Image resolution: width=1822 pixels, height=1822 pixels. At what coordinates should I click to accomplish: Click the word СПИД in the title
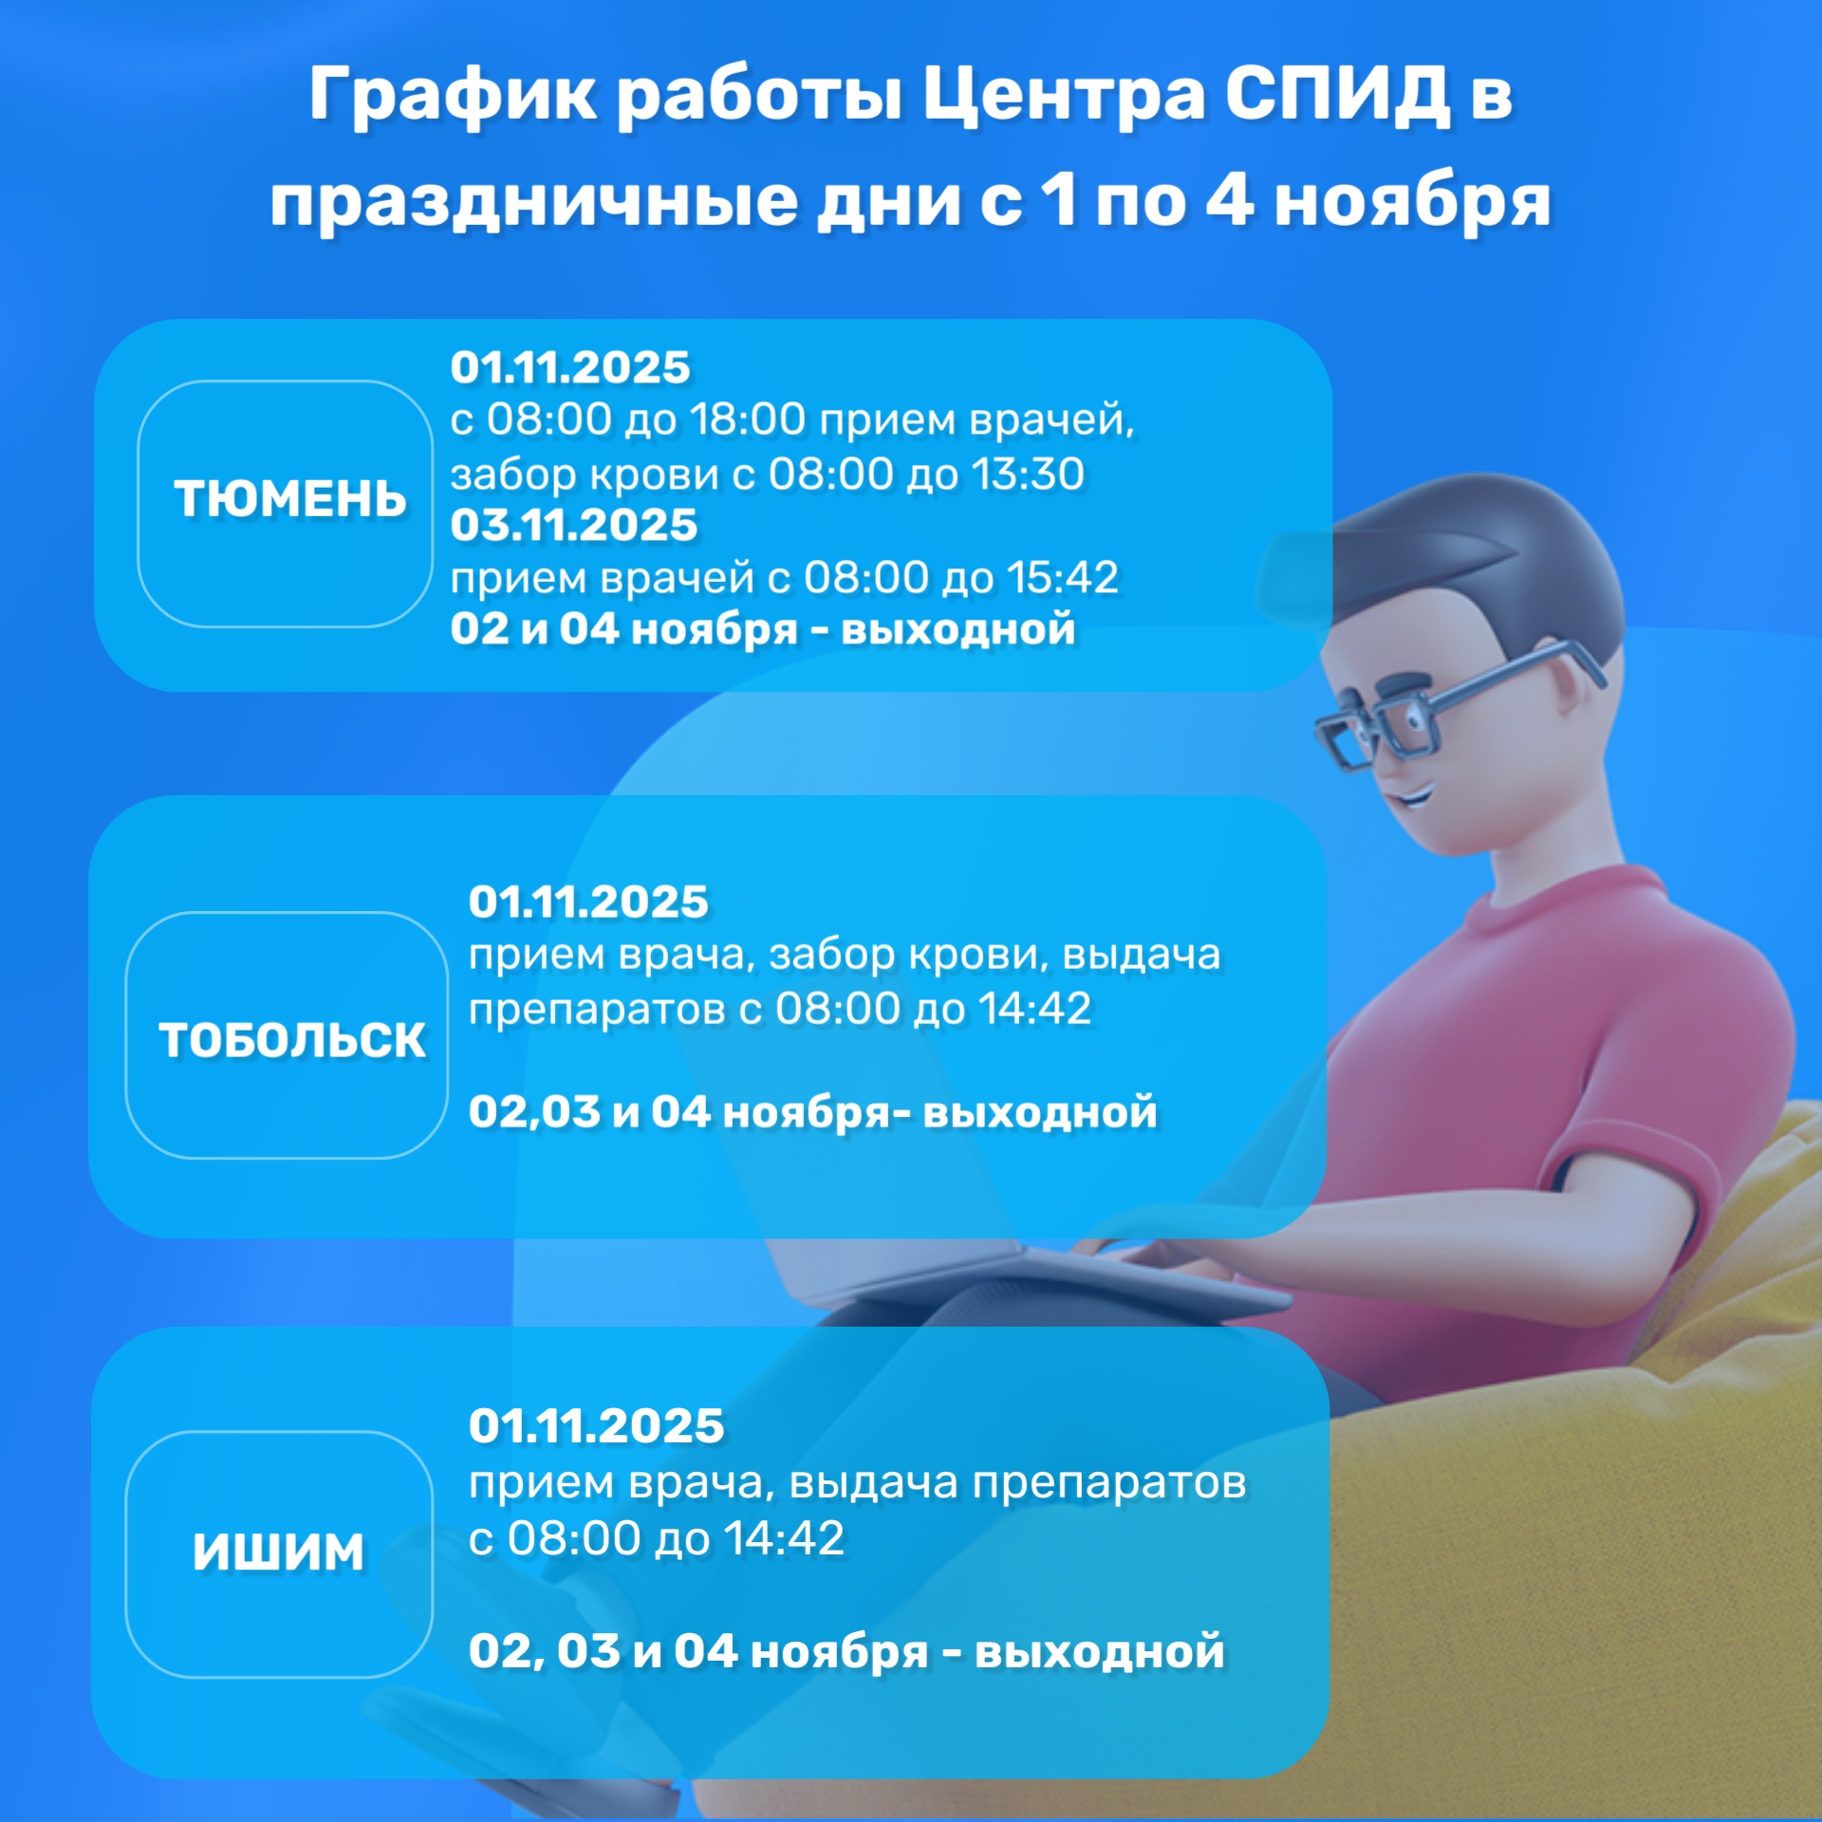(x=1336, y=96)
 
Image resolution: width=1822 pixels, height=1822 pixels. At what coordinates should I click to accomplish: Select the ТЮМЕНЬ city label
(x=289, y=499)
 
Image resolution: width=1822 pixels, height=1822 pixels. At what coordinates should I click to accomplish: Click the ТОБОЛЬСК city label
(x=291, y=1039)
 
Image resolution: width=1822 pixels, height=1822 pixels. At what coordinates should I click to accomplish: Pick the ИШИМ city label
(x=278, y=1552)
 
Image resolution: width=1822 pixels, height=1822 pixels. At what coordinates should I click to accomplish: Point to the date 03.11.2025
(x=573, y=526)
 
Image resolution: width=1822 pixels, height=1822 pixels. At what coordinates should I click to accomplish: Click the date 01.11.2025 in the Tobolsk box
(x=588, y=902)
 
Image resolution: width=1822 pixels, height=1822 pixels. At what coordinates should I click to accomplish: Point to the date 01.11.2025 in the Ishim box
(x=596, y=1426)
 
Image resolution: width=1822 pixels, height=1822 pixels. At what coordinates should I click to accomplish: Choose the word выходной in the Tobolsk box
(x=1040, y=1112)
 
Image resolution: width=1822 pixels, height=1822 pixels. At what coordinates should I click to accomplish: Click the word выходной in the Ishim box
(x=1100, y=1651)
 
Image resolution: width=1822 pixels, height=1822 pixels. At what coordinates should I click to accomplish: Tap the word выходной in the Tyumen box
(x=958, y=629)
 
